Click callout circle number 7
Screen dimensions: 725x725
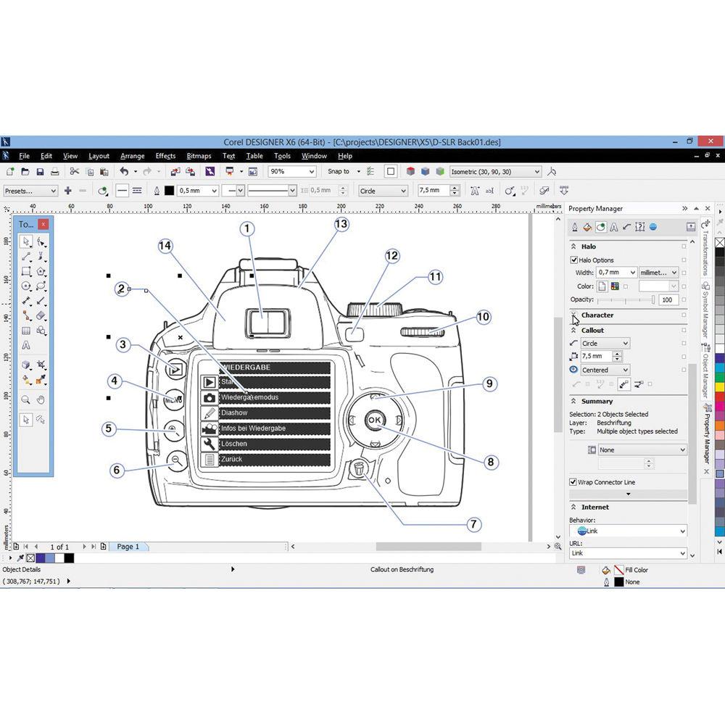point(473,524)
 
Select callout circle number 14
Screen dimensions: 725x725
point(165,246)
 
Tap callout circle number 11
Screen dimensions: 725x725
point(435,276)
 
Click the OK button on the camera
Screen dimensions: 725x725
point(375,420)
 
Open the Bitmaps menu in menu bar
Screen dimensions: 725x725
point(199,156)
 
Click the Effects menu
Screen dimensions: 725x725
point(165,156)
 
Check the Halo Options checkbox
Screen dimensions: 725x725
point(574,260)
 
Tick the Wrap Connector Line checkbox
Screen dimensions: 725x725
point(573,482)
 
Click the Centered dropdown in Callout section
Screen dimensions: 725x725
point(604,370)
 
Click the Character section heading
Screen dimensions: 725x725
point(597,315)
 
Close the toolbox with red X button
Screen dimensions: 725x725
point(43,224)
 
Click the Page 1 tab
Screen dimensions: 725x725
point(128,547)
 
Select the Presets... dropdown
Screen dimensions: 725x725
point(30,191)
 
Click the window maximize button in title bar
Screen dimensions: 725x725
point(689,141)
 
